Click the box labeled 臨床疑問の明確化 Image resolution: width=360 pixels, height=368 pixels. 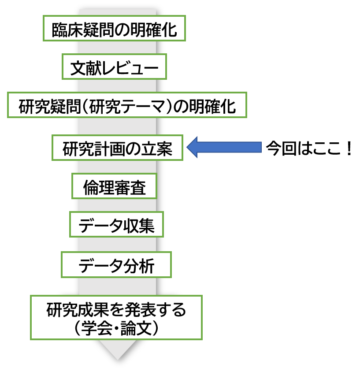pos(114,29)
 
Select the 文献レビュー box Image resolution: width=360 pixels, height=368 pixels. pos(114,67)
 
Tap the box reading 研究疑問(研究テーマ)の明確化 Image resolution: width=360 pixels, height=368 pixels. pos(127,106)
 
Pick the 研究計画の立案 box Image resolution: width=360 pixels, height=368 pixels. pos(117,148)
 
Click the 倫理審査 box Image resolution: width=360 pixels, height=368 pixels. pos(114,187)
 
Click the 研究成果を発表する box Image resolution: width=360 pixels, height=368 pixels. pos(116,317)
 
